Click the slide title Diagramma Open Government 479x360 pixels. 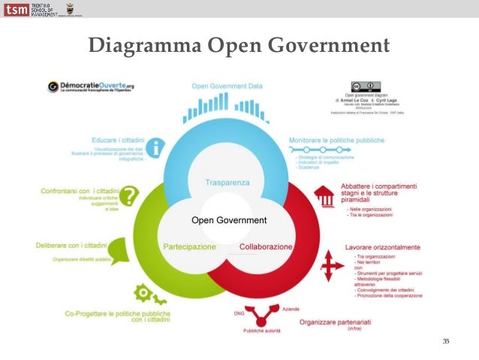[239, 46]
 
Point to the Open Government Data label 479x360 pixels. [227, 86]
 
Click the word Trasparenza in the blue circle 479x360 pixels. [227, 183]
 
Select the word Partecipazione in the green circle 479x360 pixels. [189, 247]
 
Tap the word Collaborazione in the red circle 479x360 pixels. [266, 247]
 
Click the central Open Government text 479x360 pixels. [229, 220]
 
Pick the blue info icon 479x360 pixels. [155, 147]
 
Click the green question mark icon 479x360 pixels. [130, 196]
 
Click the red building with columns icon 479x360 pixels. [324, 197]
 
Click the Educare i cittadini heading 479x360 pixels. [114, 141]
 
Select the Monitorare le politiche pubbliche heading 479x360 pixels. [336, 140]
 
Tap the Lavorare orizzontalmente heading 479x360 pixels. [381, 247]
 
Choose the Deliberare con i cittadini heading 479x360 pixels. [71, 245]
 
